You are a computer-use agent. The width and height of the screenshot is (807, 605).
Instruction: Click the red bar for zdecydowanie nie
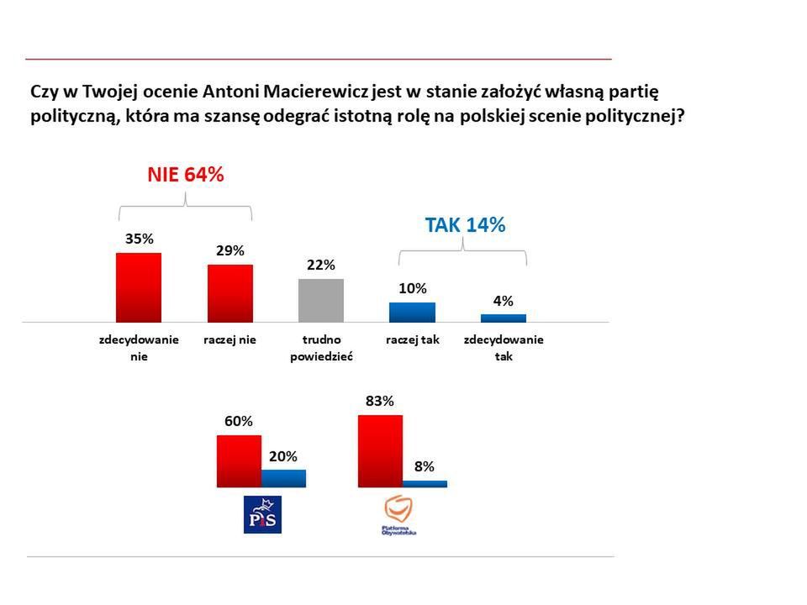138,287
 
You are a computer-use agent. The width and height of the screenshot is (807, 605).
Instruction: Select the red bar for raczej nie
229,293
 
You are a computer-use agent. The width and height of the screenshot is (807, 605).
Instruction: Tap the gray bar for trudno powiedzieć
321,301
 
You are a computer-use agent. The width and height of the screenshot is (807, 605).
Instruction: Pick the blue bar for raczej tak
412,313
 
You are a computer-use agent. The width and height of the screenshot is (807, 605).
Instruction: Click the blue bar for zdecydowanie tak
503,318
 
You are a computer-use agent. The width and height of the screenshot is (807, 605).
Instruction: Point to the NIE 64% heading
186,175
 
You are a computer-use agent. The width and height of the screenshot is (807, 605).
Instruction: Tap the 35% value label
139,239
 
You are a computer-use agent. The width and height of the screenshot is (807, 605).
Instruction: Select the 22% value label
321,265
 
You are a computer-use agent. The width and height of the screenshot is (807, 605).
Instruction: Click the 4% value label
503,301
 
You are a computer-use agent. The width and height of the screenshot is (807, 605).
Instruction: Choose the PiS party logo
262,514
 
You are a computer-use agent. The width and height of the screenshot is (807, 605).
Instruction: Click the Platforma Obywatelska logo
399,515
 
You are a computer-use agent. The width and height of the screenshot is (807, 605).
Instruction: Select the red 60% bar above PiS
239,461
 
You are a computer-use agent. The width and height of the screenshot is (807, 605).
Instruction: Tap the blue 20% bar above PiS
283,479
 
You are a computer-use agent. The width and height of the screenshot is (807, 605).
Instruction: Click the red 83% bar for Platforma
380,451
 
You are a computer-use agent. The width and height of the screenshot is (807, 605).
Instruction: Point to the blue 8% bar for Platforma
425,484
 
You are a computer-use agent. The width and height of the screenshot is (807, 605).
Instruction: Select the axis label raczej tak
413,340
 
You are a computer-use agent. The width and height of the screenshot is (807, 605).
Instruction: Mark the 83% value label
380,401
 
